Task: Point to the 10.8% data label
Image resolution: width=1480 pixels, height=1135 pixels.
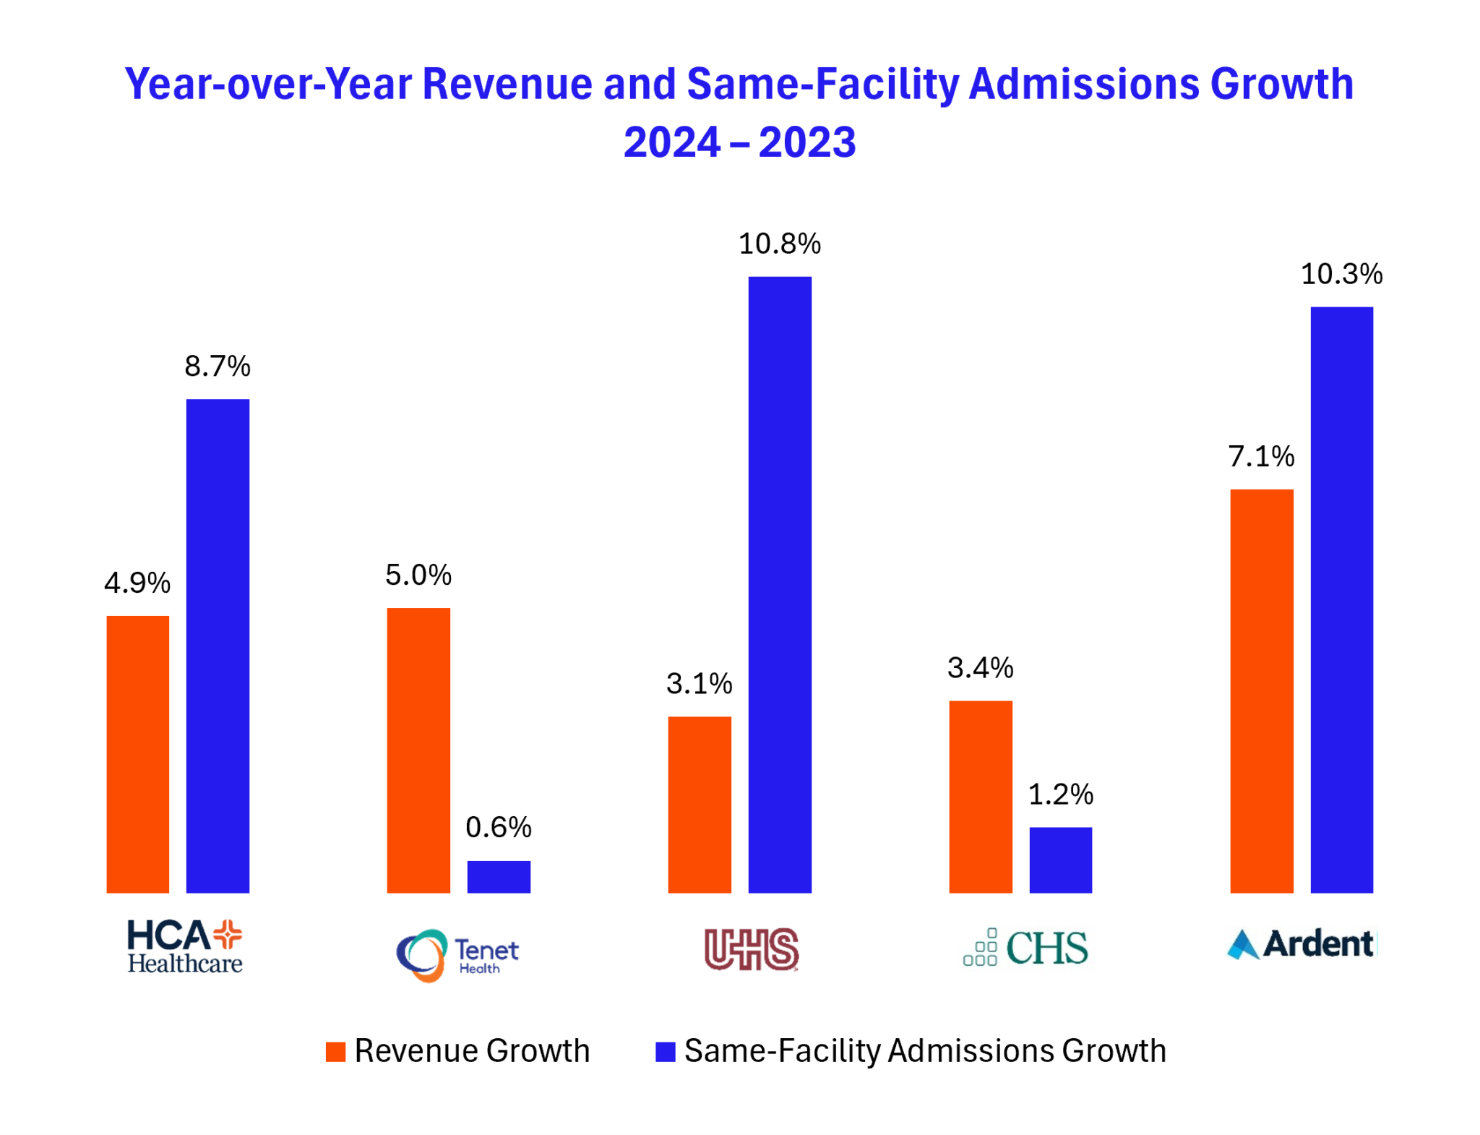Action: click(779, 244)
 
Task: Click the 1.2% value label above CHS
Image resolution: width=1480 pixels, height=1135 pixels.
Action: click(1060, 794)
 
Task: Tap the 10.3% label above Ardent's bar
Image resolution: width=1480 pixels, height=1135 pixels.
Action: click(1341, 275)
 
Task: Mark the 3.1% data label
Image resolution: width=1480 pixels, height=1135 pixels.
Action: click(699, 683)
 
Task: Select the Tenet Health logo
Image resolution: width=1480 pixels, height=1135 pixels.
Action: click(457, 955)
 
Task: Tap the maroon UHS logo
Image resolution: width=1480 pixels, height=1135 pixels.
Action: click(752, 948)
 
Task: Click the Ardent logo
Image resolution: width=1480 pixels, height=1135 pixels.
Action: click(1302, 944)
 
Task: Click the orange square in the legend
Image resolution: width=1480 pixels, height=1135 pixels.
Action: click(335, 1051)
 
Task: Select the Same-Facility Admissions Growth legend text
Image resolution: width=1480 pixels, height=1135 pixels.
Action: click(924, 1050)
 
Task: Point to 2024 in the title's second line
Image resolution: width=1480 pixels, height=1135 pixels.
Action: click(671, 142)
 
